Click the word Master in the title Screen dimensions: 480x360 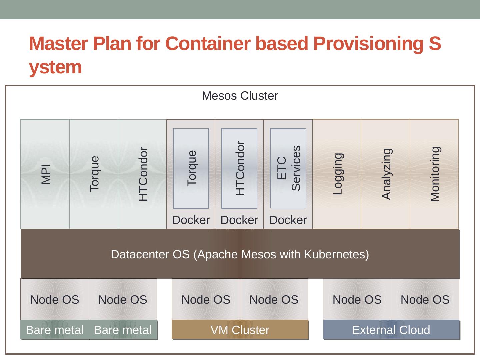pos(58,43)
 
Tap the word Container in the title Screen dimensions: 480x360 pos(208,43)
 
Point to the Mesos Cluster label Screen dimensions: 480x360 pos(240,96)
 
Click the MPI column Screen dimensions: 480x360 pos(45,174)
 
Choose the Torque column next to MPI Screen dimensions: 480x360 pos(94,174)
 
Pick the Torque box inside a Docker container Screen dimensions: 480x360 pos(191,168)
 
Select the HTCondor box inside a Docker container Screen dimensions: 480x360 pos(239,168)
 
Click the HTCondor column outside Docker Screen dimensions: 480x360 pos(142,174)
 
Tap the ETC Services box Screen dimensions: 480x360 pos(288,168)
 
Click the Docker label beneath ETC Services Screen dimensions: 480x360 pos(288,220)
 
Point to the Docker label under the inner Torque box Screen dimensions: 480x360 pos(191,220)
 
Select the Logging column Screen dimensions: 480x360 pos(337,174)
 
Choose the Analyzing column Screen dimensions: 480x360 pos(386,174)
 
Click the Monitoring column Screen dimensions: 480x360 pos(434,174)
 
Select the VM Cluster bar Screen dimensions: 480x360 pos(240,330)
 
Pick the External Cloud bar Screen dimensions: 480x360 pos(391,330)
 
